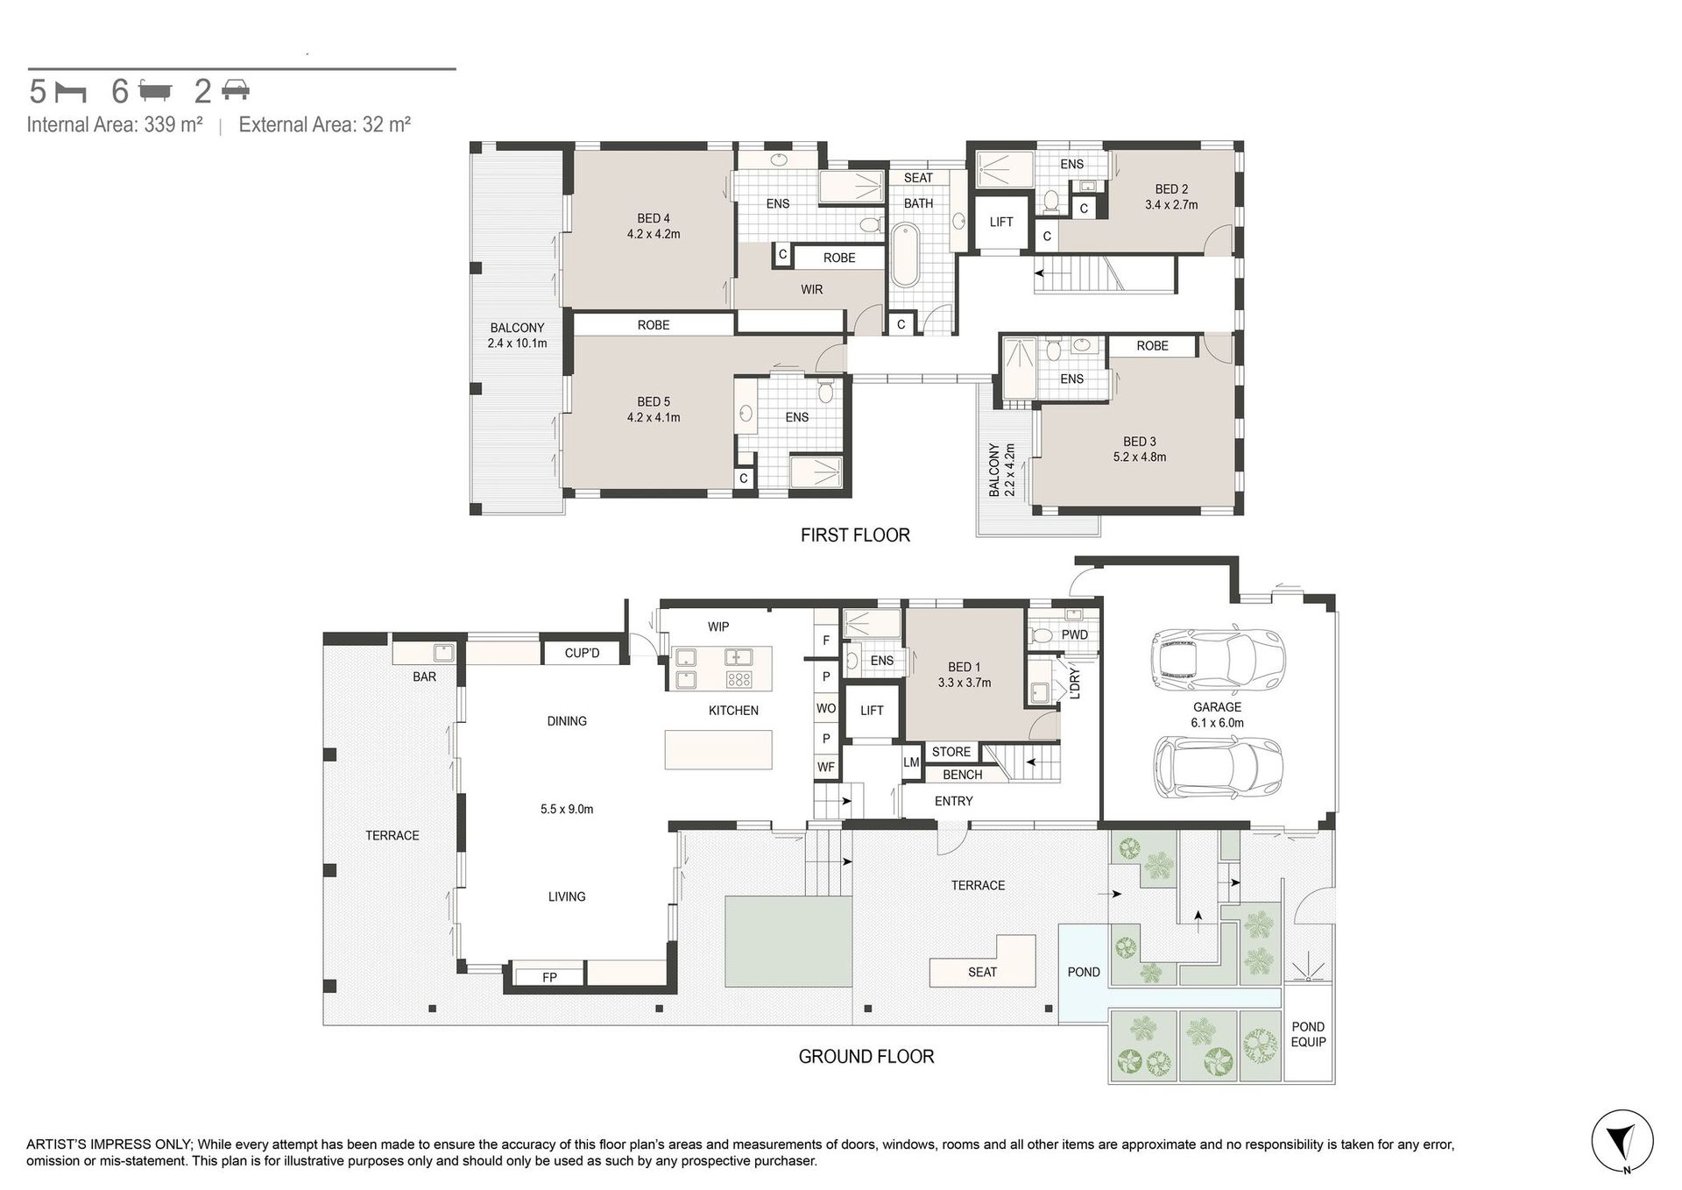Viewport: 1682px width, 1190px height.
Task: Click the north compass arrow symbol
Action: tap(1622, 1141)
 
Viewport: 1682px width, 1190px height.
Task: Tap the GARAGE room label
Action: tap(1217, 707)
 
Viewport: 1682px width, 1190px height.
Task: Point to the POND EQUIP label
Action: tap(1308, 1034)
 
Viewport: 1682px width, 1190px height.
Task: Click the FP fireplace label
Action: tap(549, 977)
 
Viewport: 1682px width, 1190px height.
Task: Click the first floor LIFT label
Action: tap(1001, 222)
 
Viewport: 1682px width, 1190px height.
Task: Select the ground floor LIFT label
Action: tap(872, 711)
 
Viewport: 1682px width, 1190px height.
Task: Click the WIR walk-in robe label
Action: tap(812, 289)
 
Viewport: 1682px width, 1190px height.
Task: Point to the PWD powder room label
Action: tap(1075, 634)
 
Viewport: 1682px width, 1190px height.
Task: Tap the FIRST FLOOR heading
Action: tap(855, 535)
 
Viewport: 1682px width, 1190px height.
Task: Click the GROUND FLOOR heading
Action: tap(866, 1057)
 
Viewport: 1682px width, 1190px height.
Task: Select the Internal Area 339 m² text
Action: tap(115, 124)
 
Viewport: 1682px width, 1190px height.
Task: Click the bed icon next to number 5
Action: tap(71, 91)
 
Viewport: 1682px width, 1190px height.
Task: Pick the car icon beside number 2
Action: tap(235, 89)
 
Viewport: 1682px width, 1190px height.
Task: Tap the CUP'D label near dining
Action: tap(583, 653)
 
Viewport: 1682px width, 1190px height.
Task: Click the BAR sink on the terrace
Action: tap(442, 653)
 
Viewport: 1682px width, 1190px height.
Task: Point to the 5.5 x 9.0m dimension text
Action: tap(567, 810)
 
